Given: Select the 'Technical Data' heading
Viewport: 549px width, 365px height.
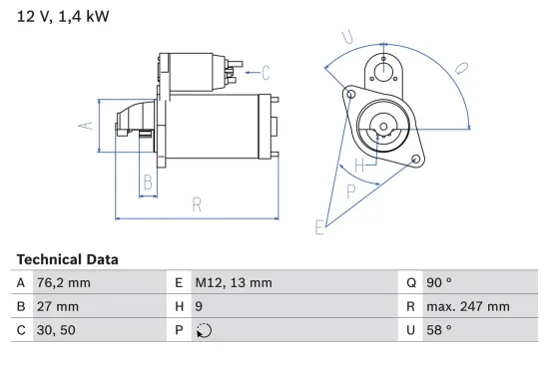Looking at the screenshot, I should [x=67, y=258].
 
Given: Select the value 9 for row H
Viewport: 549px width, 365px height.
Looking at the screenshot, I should [x=200, y=307].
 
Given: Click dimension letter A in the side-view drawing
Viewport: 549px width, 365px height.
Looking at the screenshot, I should [x=86, y=126].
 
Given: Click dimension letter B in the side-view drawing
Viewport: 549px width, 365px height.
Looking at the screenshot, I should [x=147, y=182].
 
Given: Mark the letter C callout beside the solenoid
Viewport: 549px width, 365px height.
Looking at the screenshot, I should [x=266, y=72].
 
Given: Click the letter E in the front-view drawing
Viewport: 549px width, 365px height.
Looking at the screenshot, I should [x=319, y=228].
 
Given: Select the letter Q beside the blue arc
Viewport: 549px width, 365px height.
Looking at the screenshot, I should [x=462, y=68].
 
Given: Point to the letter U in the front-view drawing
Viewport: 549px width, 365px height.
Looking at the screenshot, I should [x=345, y=38].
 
